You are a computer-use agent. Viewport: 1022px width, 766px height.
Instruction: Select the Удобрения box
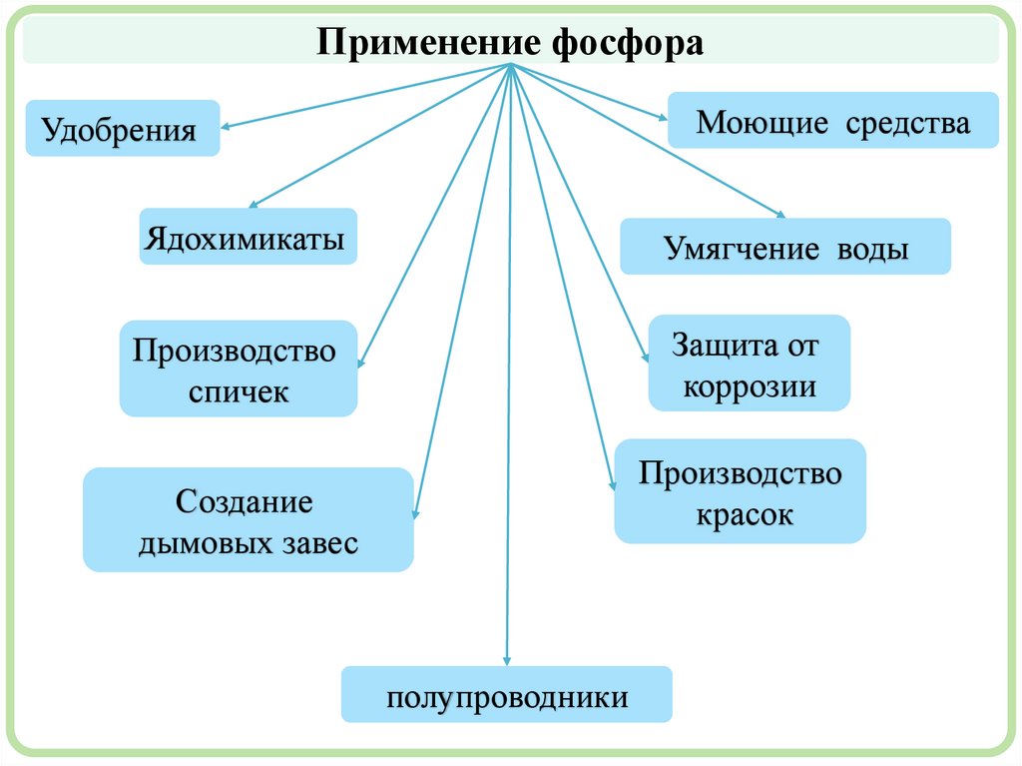123,128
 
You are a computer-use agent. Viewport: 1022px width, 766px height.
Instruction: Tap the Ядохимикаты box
248,237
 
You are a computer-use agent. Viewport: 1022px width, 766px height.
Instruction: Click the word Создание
245,500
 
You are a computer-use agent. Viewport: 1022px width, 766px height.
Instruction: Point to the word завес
316,544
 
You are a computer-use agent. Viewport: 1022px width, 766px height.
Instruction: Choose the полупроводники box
507,695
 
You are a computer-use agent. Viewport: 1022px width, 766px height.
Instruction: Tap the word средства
908,123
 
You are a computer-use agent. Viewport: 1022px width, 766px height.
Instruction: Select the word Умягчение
736,249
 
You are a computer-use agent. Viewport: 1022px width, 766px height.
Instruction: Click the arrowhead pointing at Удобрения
225,128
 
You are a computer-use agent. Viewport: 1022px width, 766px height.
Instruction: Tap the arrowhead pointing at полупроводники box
507,661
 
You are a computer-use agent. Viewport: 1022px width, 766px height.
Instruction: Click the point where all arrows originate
510,66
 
